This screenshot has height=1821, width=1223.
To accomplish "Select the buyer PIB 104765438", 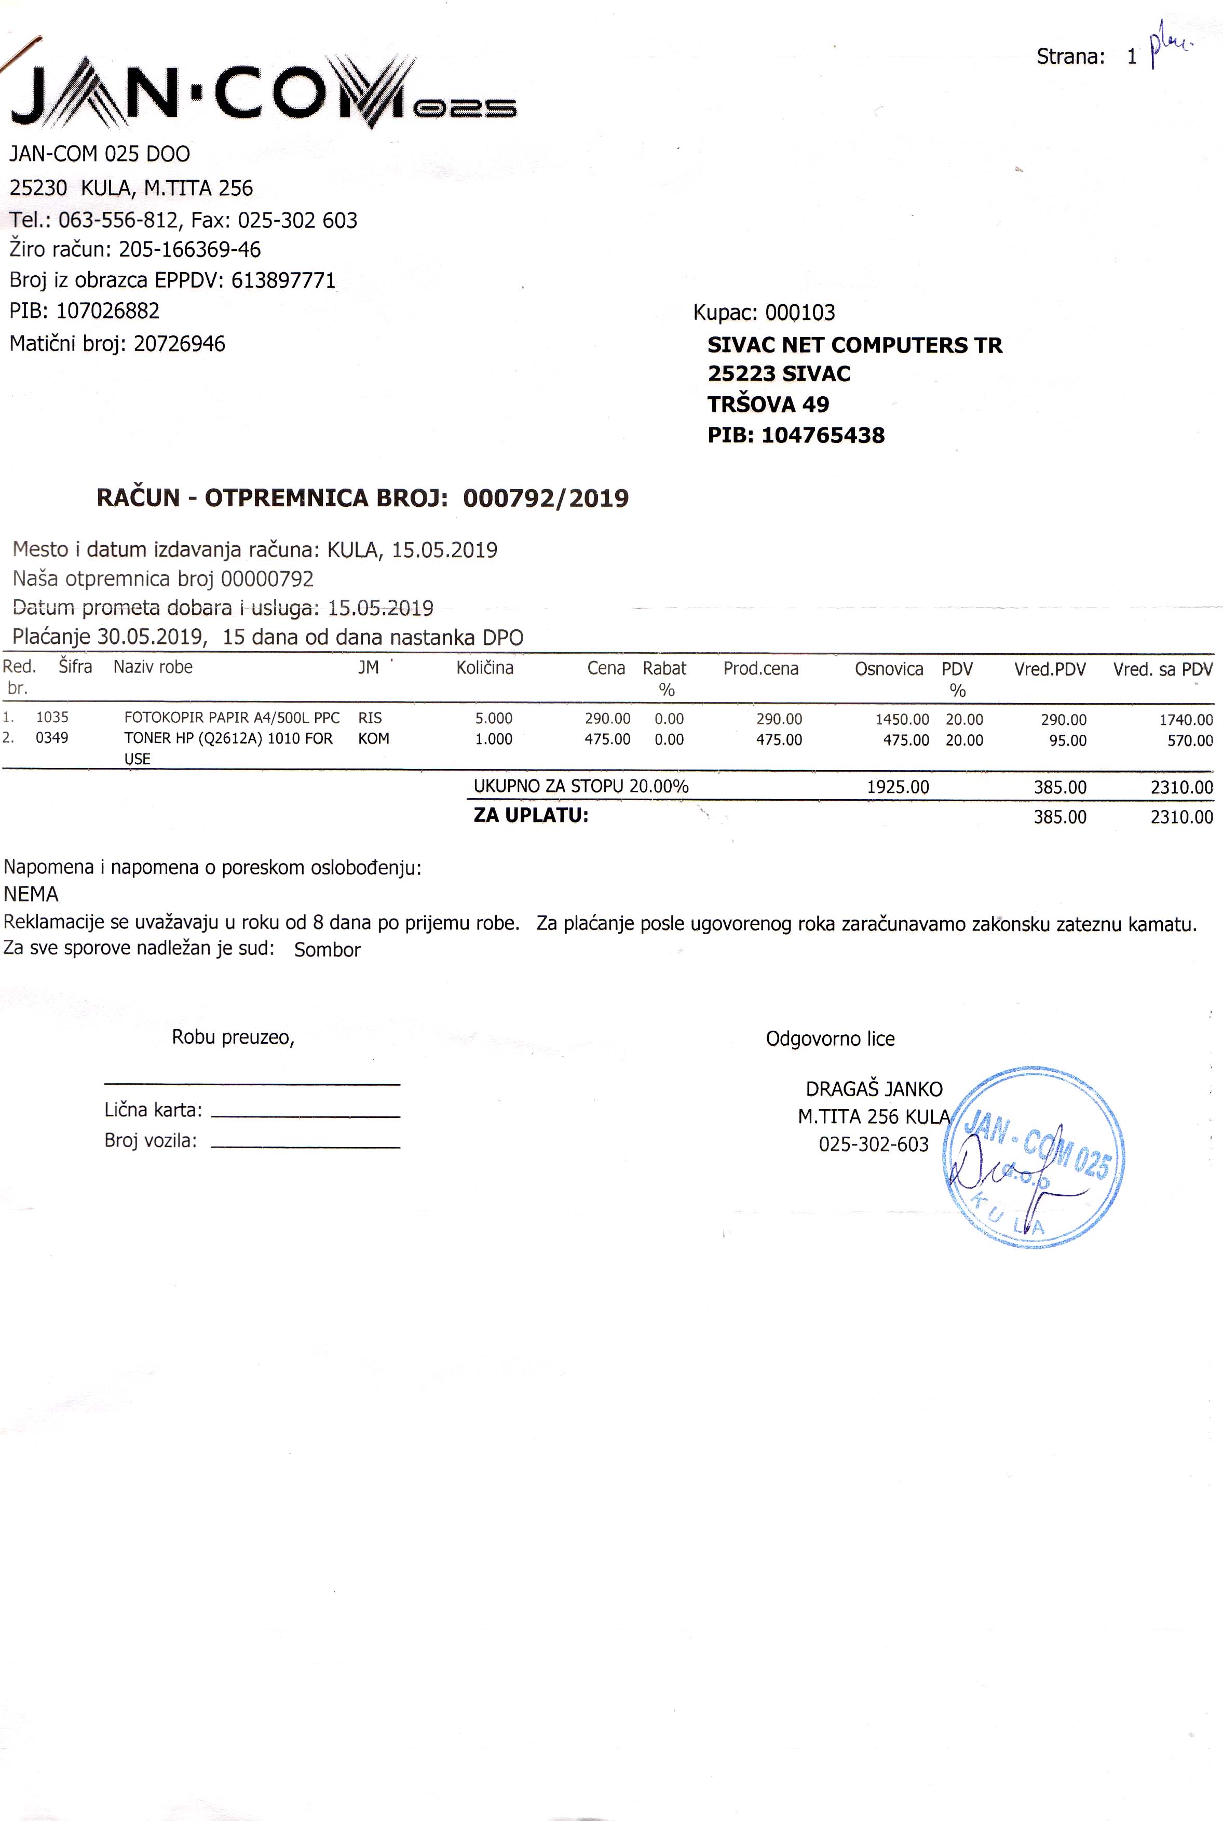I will point(823,435).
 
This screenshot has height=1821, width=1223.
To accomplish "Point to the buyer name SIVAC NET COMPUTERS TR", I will point(854,345).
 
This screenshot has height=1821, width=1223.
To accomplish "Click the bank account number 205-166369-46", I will point(189,250).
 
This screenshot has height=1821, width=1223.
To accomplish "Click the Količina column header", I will point(484,668).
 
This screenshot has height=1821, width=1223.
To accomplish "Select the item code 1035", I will point(52,718).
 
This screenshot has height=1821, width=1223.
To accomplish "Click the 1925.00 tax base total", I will point(898,787).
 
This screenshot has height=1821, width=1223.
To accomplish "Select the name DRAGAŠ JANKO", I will point(874,1089).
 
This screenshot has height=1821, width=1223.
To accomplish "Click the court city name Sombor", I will point(327,950).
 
